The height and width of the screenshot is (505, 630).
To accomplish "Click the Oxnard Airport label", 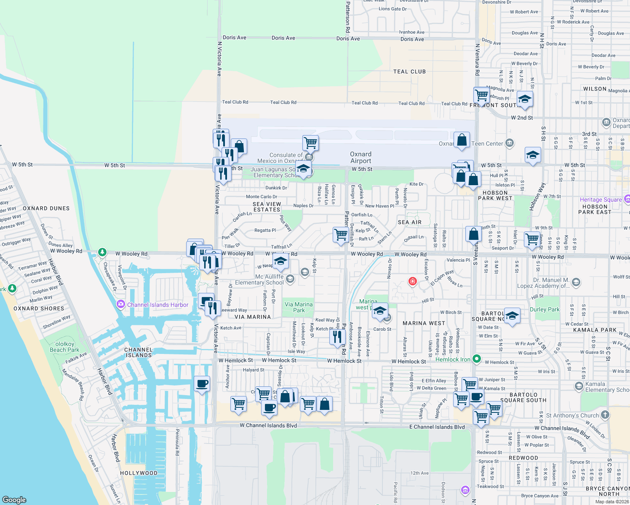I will pyautogui.click(x=360, y=157).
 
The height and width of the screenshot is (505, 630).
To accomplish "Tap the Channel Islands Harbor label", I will pyautogui.click(x=157, y=305).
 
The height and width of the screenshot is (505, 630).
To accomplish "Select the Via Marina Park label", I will pyautogui.click(x=299, y=307).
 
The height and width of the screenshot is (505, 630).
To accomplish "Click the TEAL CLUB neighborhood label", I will pyautogui.click(x=409, y=72).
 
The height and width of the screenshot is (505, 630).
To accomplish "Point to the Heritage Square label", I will pyautogui.click(x=601, y=199).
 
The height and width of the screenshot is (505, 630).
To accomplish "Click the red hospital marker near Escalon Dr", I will pyautogui.click(x=413, y=281).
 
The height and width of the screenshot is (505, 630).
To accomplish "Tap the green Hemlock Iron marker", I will pyautogui.click(x=477, y=359).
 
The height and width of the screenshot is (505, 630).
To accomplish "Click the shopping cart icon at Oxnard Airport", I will pyautogui.click(x=310, y=143).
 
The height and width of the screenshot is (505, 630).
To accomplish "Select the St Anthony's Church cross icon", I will pyautogui.click(x=605, y=415).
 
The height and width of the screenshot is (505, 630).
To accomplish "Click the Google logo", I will pyautogui.click(x=14, y=500).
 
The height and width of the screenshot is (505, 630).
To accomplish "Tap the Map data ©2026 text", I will pyautogui.click(x=612, y=502).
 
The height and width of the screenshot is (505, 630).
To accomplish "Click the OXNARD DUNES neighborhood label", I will pyautogui.click(x=46, y=208).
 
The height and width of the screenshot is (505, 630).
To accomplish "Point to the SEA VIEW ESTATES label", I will pyautogui.click(x=267, y=207).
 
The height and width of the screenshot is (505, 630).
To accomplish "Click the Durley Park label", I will pyautogui.click(x=545, y=309).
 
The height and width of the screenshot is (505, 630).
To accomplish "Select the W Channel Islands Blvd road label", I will pyautogui.click(x=268, y=425).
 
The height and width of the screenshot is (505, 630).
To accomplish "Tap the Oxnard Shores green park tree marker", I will pyautogui.click(x=12, y=288).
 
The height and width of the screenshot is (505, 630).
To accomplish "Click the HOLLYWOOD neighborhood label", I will pyautogui.click(x=139, y=473).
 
